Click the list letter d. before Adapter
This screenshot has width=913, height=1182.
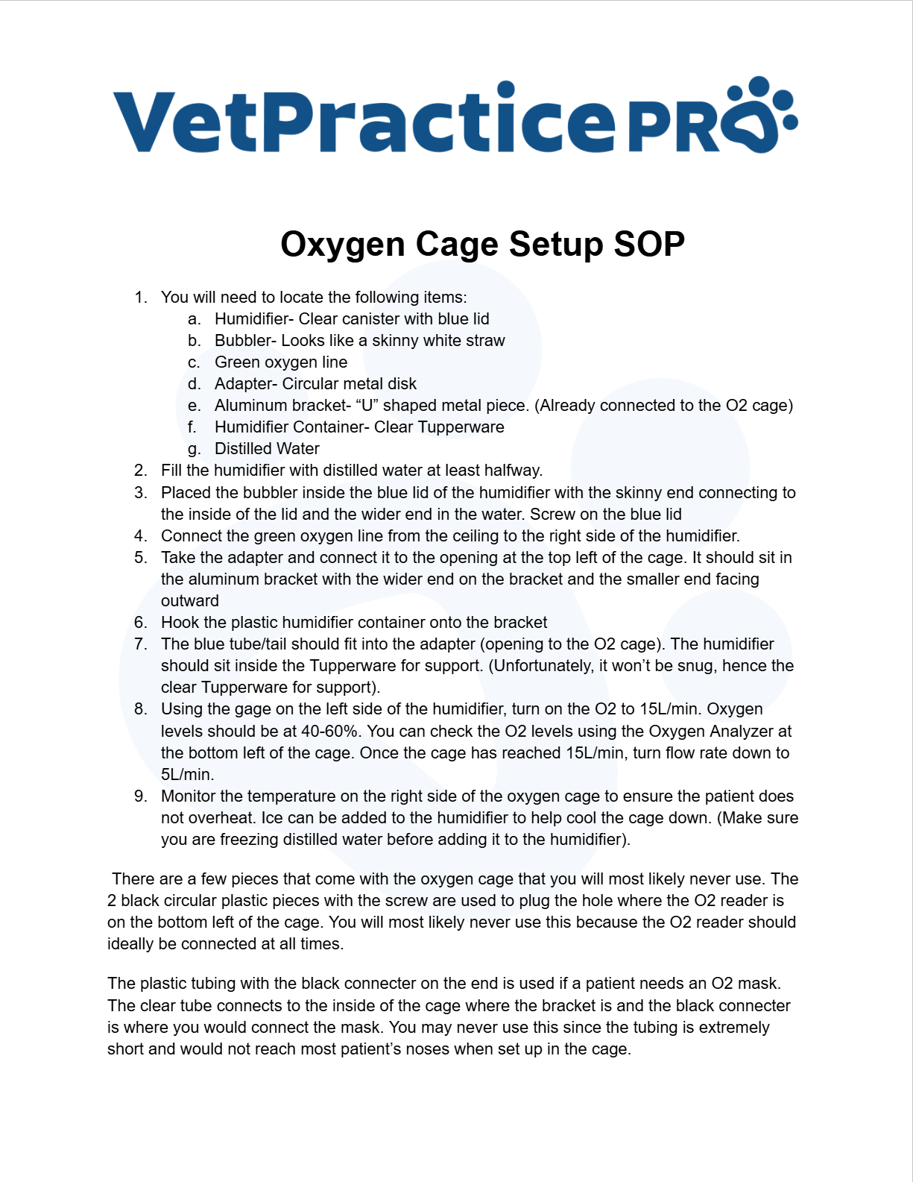(x=195, y=384)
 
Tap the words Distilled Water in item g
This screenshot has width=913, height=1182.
(x=267, y=449)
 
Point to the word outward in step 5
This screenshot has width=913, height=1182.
(x=190, y=601)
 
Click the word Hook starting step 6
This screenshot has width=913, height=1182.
(x=179, y=623)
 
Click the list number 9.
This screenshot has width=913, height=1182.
(x=141, y=796)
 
